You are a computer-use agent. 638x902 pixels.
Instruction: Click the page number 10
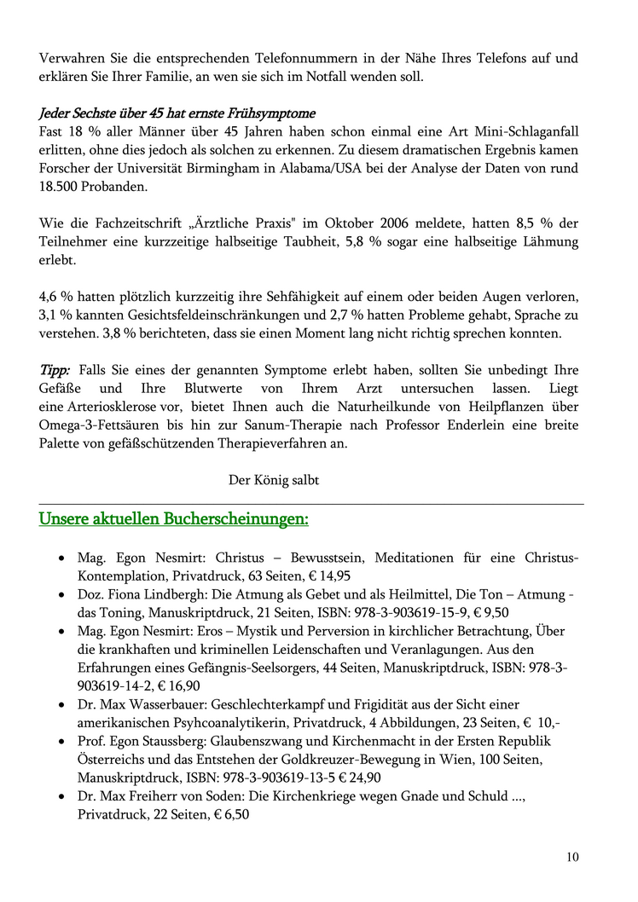point(571,857)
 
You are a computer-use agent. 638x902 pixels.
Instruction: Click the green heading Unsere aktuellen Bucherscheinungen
point(174,518)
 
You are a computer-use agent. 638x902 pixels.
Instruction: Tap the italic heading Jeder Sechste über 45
point(177,113)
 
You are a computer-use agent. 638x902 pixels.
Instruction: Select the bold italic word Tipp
point(55,370)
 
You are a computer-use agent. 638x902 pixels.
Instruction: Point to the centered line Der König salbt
point(274,480)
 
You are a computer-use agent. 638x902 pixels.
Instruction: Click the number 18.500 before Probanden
point(62,187)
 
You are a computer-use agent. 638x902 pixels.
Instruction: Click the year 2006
point(375,224)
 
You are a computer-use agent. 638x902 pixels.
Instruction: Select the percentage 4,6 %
point(55,297)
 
